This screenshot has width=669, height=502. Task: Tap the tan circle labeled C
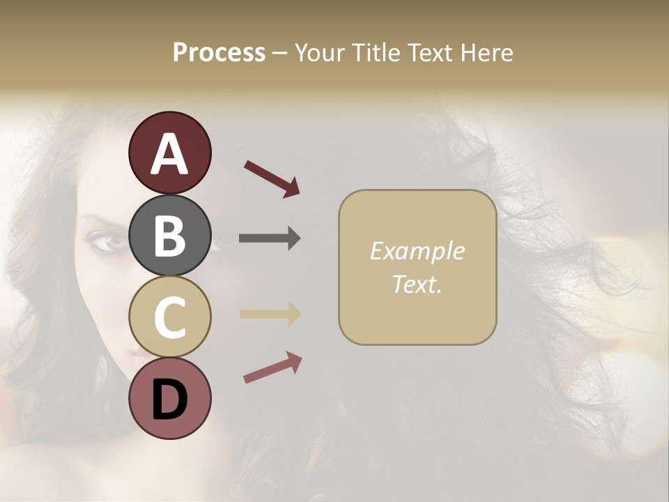pyautogui.click(x=169, y=317)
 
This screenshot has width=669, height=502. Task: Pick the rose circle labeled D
pyautogui.click(x=169, y=398)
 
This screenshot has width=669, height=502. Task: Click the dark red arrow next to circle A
pyautogui.click(x=272, y=178)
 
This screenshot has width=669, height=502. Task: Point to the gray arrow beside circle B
pyautogui.click(x=269, y=238)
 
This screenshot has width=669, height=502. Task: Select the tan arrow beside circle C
pyautogui.click(x=269, y=314)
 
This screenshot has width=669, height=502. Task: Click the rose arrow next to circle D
pyautogui.click(x=272, y=367)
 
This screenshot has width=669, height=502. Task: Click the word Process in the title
pyautogui.click(x=219, y=52)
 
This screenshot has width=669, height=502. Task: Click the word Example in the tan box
pyautogui.click(x=417, y=251)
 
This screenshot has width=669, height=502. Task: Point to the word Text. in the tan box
pyautogui.click(x=417, y=284)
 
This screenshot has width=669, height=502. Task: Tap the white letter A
pyautogui.click(x=169, y=154)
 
